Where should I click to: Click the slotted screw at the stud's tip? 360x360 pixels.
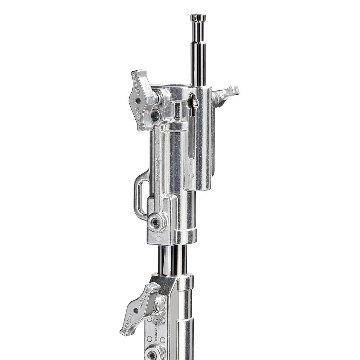pyautogui.click(x=198, y=17)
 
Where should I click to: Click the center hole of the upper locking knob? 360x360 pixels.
pyautogui.click(x=138, y=100)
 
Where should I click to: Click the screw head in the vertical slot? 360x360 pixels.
pyautogui.click(x=195, y=103)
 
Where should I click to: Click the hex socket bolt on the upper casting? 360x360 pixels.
pyautogui.click(x=156, y=222)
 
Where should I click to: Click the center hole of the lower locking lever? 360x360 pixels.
pyautogui.click(x=136, y=310)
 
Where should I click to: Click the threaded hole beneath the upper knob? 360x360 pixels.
pyautogui.click(x=156, y=116)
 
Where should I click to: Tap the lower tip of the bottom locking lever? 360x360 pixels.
pyautogui.click(x=125, y=332)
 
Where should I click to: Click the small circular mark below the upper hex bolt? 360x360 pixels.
pyautogui.click(x=158, y=239)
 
